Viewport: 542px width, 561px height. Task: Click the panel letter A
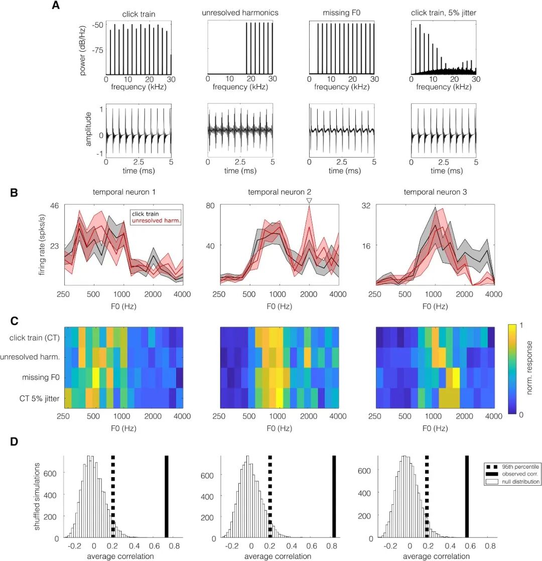56,6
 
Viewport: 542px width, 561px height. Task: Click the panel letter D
14,442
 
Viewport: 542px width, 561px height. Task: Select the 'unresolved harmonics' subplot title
240,13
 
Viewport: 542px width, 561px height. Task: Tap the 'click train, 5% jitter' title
444,13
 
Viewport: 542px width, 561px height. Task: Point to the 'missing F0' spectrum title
342,13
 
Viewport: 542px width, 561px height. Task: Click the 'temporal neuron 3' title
436,192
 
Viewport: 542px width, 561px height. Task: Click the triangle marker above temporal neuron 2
309,201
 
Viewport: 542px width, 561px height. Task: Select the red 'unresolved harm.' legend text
156,221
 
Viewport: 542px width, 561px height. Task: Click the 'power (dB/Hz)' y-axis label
83,51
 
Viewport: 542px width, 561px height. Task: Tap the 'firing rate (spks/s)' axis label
42,245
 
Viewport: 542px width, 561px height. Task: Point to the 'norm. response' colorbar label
529,368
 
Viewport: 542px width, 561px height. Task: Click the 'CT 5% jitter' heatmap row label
39,398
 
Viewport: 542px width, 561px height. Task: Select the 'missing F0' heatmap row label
41,377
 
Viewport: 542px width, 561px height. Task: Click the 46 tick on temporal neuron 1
54,206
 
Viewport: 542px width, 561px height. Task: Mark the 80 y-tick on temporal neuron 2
210,206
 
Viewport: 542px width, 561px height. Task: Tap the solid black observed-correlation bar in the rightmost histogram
467,497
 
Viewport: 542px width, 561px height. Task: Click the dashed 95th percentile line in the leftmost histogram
113,497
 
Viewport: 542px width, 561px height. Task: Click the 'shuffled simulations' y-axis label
37,496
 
